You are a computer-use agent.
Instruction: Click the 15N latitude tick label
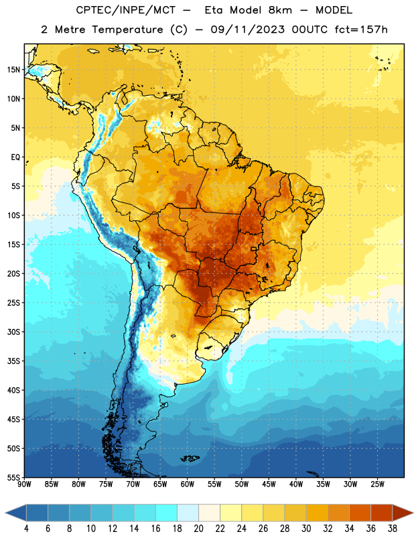point(13,70)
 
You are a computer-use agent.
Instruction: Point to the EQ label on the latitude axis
point(15,157)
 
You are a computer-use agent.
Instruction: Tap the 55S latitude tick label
point(13,477)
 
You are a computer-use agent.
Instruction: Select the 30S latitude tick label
point(13,332)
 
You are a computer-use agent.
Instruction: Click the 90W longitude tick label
point(24,484)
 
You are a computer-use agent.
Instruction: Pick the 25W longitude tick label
point(377,484)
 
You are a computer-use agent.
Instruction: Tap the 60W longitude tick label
point(188,484)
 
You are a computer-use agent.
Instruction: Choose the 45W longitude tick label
point(269,484)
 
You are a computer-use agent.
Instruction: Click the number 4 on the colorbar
point(26,529)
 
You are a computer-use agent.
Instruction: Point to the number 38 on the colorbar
point(393,529)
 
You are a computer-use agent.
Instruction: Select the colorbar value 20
point(198,529)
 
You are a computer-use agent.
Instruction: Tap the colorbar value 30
point(306,529)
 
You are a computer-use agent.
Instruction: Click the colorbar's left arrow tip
point(5,513)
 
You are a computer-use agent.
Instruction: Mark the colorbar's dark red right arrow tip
point(413,513)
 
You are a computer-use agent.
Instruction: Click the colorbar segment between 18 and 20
point(188,513)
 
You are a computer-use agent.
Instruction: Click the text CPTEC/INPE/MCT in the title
point(126,10)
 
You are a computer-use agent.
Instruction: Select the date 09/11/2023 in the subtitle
point(247,29)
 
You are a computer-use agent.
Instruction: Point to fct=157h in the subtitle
point(361,29)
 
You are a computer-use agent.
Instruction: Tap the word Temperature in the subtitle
point(127,30)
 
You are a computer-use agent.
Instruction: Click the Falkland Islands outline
point(190,458)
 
